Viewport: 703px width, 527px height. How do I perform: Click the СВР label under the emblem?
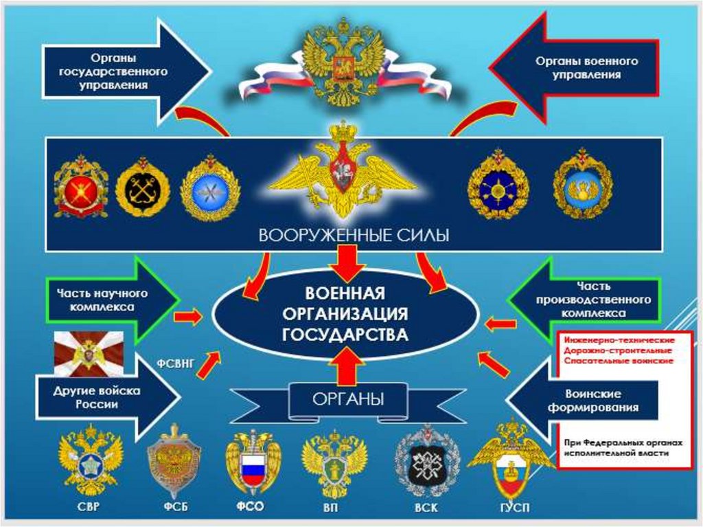[x=90, y=508]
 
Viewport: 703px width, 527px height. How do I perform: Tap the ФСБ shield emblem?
[x=174, y=461]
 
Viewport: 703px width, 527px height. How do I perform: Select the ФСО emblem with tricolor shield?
[x=253, y=463]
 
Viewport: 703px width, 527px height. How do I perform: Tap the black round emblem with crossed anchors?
[x=142, y=188]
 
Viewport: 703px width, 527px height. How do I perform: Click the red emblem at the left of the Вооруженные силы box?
[x=81, y=188]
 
